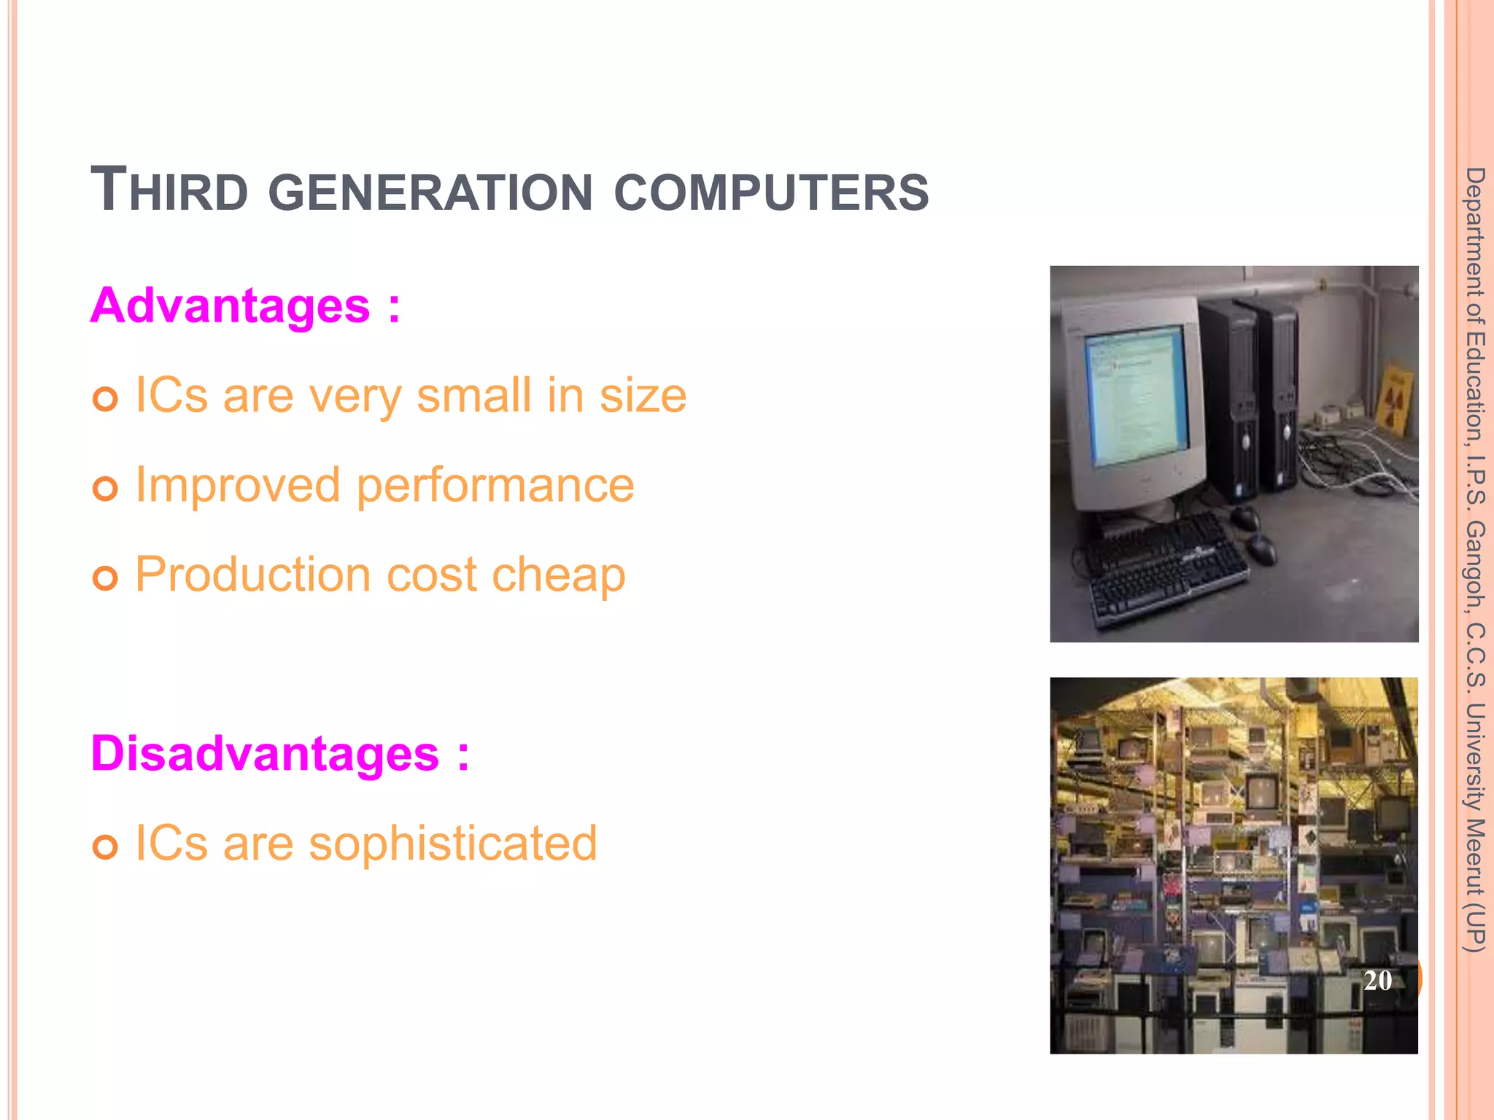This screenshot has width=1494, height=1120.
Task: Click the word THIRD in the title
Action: click(169, 191)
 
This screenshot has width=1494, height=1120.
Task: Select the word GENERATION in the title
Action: click(430, 192)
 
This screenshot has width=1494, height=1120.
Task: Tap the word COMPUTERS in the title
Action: click(771, 192)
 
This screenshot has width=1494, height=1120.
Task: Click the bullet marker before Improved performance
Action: click(106, 489)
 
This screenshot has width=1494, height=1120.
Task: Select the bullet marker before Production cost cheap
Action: click(106, 578)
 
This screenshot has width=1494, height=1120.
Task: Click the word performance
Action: click(495, 487)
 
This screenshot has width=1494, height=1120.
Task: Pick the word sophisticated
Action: click(453, 844)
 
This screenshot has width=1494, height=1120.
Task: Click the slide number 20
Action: click(1377, 981)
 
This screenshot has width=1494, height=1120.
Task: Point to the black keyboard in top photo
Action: click(1166, 567)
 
